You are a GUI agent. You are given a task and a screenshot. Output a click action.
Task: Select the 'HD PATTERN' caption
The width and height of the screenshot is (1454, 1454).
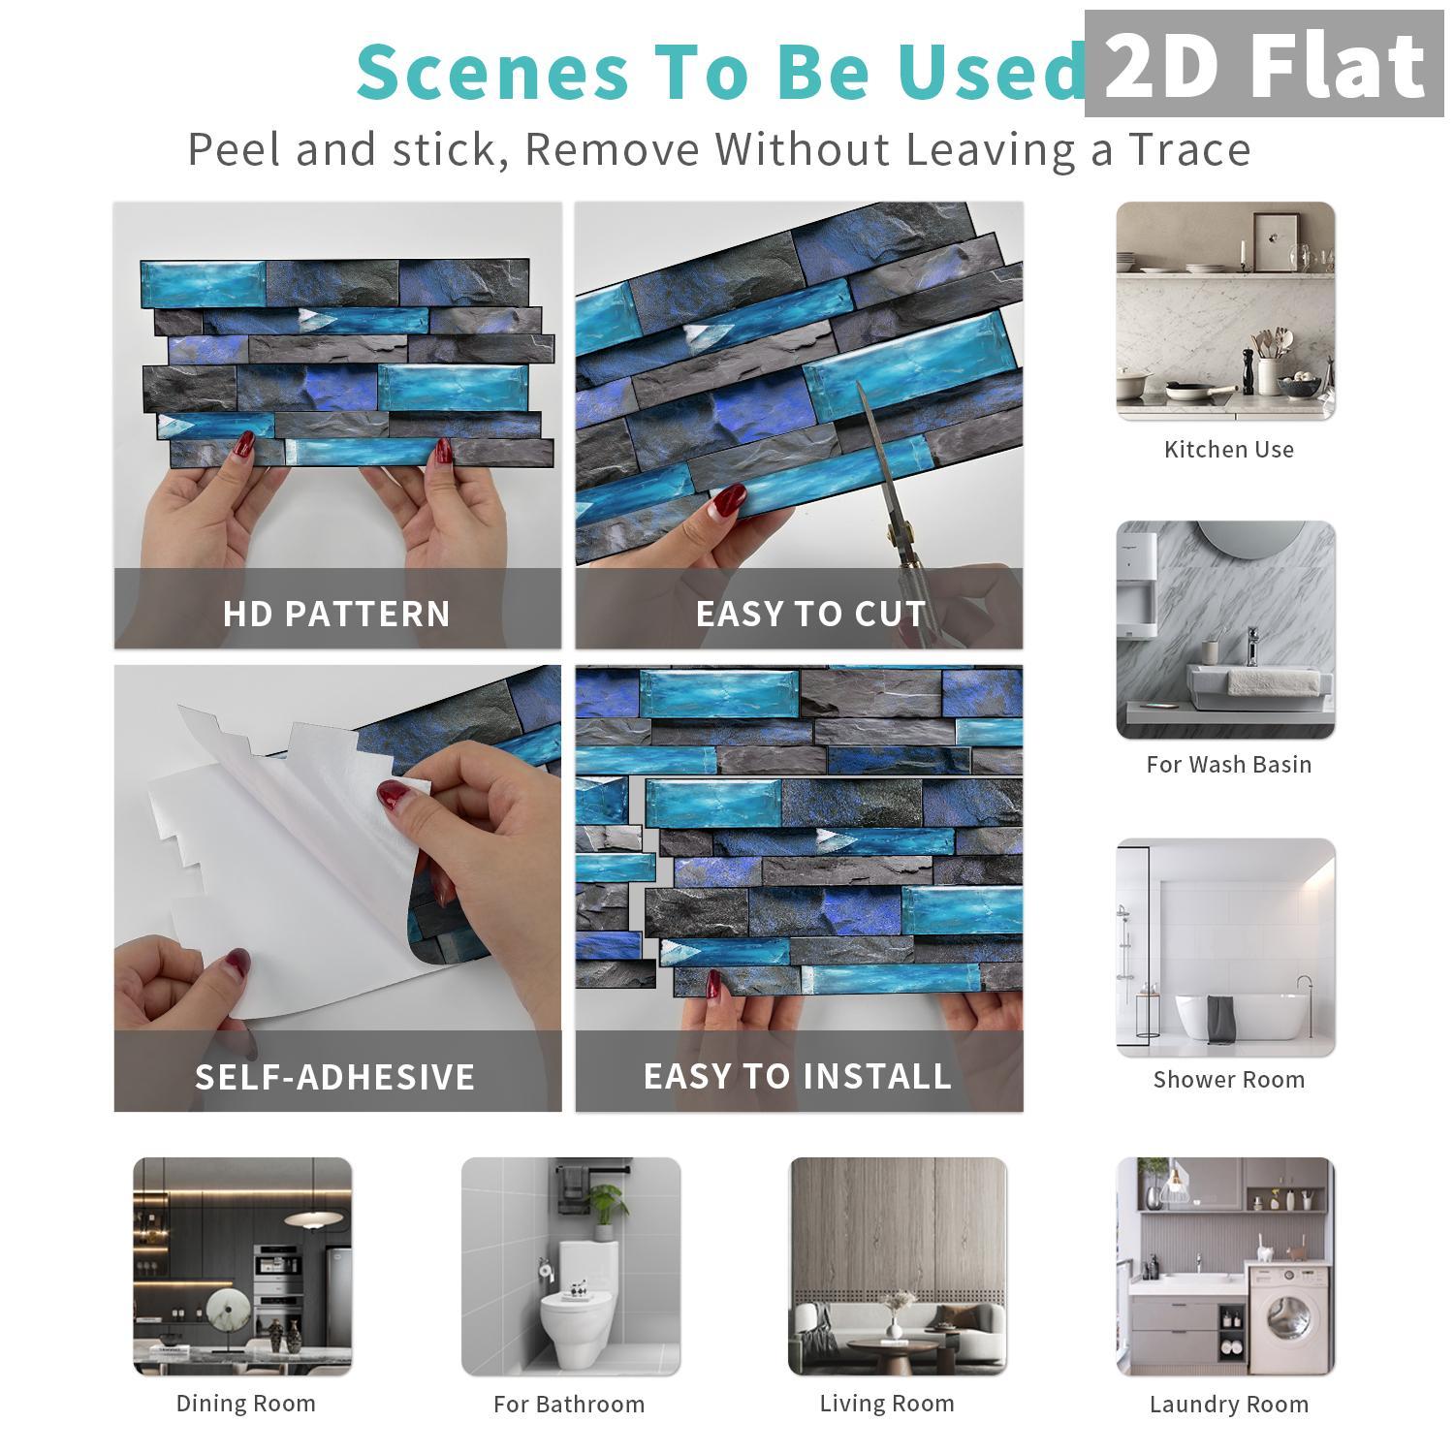(x=336, y=614)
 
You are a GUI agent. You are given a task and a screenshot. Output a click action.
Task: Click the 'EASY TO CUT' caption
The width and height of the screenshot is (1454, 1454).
(x=810, y=614)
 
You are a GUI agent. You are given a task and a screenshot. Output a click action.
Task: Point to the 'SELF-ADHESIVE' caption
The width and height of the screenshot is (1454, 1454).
(x=335, y=1077)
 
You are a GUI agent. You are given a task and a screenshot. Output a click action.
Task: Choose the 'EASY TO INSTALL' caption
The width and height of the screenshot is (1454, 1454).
(x=798, y=1077)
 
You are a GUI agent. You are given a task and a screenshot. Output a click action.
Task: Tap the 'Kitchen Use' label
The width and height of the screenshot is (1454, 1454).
(x=1228, y=450)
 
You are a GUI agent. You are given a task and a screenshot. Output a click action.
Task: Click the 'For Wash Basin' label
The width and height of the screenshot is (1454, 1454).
(x=1228, y=765)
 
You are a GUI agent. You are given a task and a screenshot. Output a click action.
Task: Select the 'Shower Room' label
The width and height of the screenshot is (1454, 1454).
(x=1228, y=1080)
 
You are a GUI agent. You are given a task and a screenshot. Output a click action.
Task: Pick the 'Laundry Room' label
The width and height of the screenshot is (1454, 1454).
(x=1228, y=1405)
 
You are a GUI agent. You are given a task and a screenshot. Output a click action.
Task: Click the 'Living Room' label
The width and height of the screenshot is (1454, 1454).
(x=887, y=1404)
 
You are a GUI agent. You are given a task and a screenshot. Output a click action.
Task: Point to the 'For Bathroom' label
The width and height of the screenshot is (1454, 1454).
(x=569, y=1405)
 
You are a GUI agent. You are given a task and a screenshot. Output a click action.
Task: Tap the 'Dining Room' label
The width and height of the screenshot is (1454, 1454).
(x=246, y=1404)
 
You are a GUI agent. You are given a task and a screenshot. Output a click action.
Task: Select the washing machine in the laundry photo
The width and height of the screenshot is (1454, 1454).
(x=1289, y=1318)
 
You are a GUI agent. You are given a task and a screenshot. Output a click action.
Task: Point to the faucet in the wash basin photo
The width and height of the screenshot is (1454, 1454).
(x=1252, y=645)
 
